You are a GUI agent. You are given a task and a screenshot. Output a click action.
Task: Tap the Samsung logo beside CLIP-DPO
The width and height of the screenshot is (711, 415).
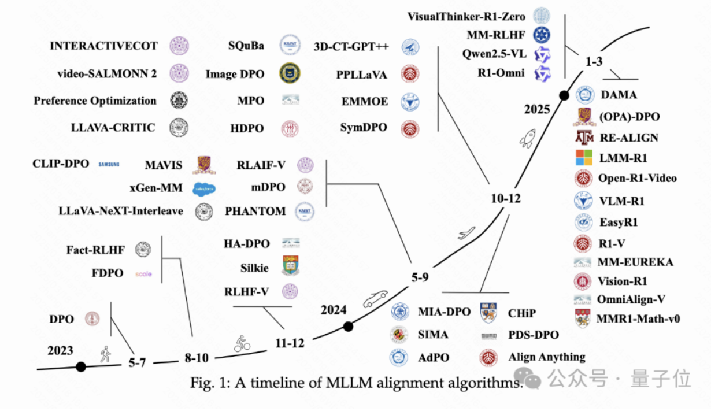109,165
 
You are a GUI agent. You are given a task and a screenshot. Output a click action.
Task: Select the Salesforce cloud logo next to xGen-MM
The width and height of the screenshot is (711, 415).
205,188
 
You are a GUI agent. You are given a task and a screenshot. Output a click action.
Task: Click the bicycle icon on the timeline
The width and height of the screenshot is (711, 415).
242,343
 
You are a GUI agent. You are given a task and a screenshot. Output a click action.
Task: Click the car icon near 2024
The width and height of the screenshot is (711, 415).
374,299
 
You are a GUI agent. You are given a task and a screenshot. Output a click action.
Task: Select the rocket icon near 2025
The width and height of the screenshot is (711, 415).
527,139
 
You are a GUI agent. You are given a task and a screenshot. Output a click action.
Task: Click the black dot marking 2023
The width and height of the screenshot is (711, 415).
81,366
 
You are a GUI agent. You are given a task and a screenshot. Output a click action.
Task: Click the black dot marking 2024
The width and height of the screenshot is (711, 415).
348,327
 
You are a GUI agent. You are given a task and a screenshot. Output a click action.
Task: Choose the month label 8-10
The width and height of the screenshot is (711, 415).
196,358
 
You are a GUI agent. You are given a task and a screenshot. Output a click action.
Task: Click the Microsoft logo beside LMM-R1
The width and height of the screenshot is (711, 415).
584,157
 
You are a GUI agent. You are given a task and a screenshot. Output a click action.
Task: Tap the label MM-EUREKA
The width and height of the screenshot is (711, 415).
636,262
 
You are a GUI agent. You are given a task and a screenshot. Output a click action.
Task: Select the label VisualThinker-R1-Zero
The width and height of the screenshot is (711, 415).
466,16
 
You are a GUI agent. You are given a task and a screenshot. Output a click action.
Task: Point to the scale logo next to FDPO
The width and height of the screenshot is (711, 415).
143,273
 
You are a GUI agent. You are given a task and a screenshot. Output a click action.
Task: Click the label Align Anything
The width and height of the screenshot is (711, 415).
547,357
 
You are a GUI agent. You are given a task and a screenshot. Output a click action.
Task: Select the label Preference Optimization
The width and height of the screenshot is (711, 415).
95,101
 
